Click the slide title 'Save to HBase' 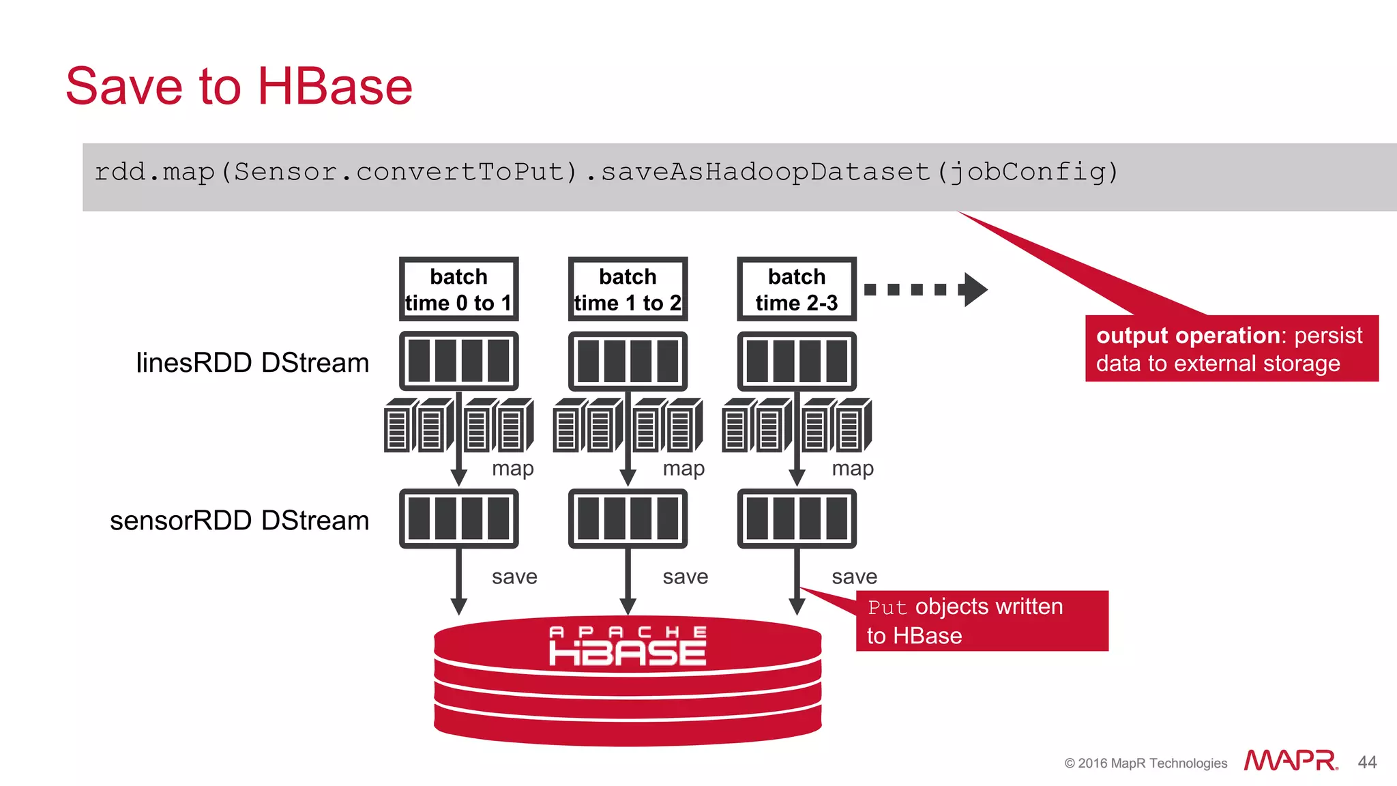click(239, 87)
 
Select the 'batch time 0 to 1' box click(458, 289)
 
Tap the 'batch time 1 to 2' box click(628, 289)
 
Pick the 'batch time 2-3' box click(796, 289)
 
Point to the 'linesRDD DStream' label click(252, 363)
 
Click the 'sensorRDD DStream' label click(239, 521)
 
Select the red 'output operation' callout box click(1231, 349)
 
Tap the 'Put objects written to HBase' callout click(981, 621)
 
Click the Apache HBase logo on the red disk click(628, 646)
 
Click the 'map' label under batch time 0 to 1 click(513, 469)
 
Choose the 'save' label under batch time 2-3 click(854, 577)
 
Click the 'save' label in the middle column click(685, 577)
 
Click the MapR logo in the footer click(1290, 761)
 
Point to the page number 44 click(1367, 762)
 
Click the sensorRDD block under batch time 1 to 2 click(628, 519)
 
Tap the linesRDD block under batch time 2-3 click(796, 361)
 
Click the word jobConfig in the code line click(1027, 172)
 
